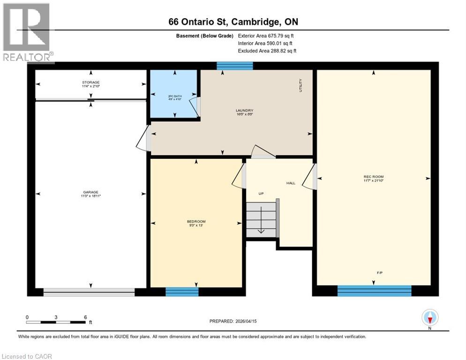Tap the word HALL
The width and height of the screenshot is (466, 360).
tap(291, 183)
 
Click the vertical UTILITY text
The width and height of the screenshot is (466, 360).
tap(301, 85)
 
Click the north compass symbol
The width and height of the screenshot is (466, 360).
tap(429, 318)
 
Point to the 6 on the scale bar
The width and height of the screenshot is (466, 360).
tap(85, 317)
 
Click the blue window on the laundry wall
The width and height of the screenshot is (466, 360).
tap(234, 66)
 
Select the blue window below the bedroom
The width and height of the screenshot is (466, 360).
tap(182, 292)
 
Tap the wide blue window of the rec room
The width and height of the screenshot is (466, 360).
tap(374, 291)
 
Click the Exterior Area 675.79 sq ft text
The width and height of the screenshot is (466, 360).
tap(266, 36)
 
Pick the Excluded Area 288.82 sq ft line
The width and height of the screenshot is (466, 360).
tap(267, 51)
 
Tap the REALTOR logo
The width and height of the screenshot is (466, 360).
tap(27, 33)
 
